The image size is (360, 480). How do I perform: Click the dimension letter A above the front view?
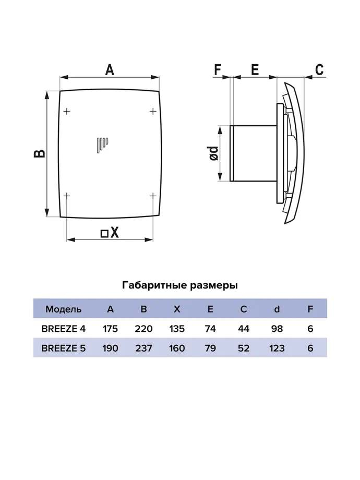[x=110, y=69]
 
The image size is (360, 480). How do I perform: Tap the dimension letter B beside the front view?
[x=40, y=153]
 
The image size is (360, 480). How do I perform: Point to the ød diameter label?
[x=214, y=153]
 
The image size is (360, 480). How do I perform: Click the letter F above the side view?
[x=218, y=70]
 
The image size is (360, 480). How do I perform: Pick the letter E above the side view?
[x=255, y=70]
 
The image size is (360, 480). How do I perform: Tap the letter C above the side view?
[x=319, y=70]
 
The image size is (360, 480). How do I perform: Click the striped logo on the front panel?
[x=102, y=146]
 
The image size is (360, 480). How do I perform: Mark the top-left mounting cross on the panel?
[x=67, y=111]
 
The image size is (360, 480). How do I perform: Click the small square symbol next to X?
[x=104, y=234]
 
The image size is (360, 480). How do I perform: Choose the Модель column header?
[x=64, y=309]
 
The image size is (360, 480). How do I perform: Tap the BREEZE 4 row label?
[x=64, y=329]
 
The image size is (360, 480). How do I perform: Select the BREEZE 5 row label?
[x=64, y=349]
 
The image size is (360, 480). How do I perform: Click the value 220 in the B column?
[x=143, y=329]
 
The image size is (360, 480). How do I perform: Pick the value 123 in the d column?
[x=277, y=349]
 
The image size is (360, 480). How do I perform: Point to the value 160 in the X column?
[x=177, y=349]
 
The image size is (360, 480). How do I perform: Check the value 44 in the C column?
[x=244, y=329]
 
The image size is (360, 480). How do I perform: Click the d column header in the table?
[x=277, y=309]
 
